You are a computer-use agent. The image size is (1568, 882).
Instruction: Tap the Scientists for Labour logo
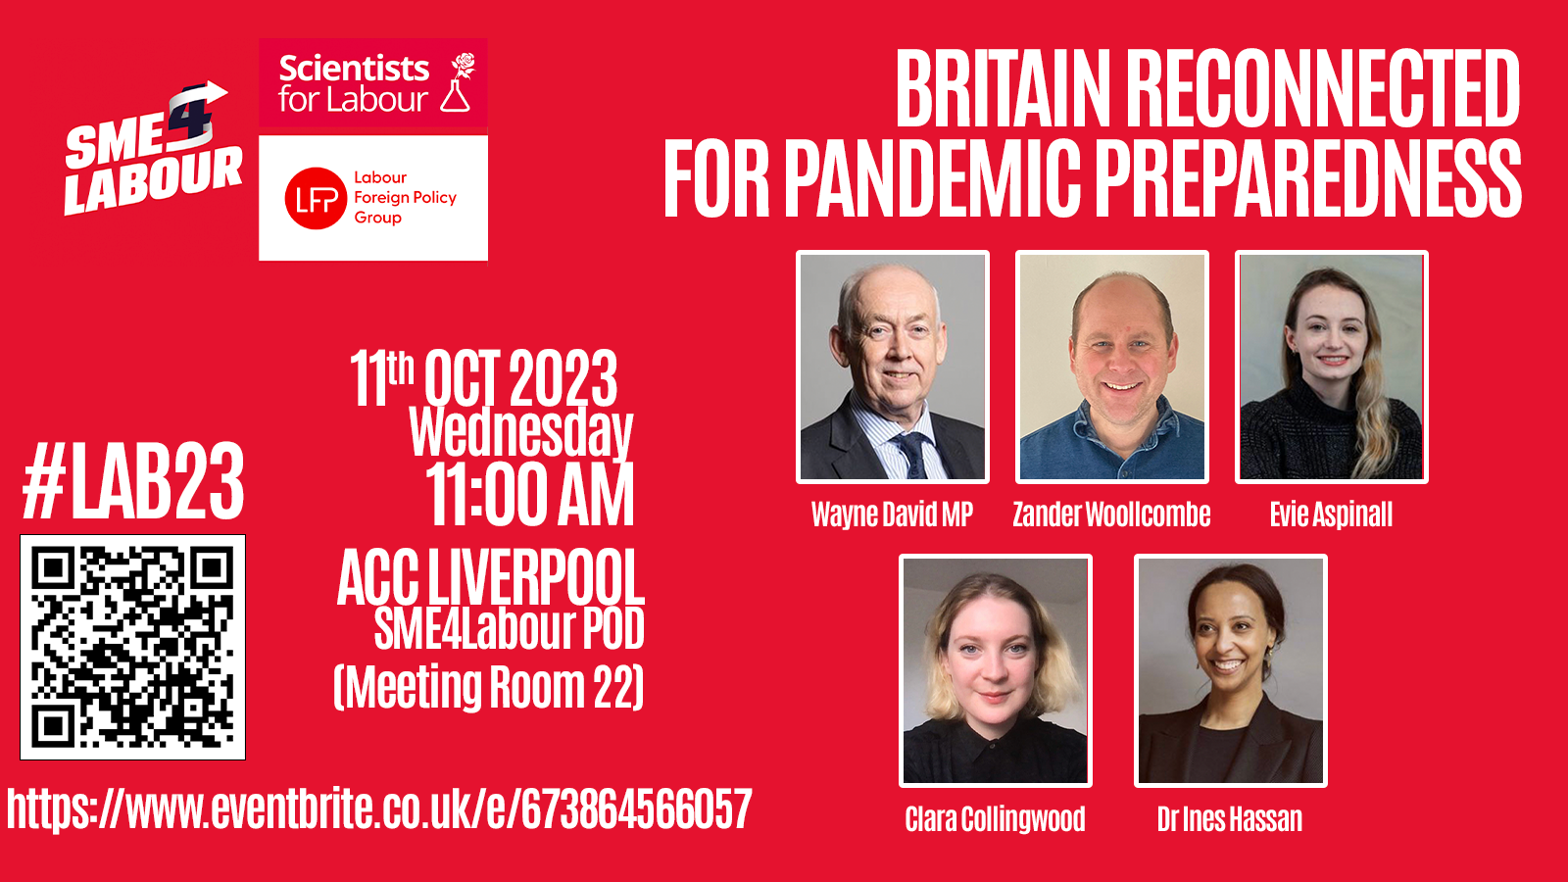[x=373, y=85]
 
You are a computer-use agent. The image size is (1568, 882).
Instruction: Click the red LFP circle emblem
[x=316, y=198]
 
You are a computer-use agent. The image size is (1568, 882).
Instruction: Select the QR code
[x=133, y=647]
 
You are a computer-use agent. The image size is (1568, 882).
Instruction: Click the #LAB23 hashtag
[x=133, y=481]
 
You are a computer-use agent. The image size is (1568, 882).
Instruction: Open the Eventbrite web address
[x=379, y=809]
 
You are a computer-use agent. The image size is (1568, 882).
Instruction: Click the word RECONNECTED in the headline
[x=1322, y=88]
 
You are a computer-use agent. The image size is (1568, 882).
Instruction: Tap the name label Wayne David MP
[x=893, y=514]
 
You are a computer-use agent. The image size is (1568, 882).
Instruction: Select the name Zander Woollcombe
[x=1111, y=514]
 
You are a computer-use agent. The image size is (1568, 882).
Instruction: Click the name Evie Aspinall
[x=1332, y=515]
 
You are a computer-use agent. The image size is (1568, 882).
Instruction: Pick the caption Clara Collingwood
[x=995, y=819]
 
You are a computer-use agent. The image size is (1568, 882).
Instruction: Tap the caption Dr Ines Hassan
[x=1230, y=819]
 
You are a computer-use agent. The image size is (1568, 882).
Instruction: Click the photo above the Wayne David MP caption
[x=893, y=367]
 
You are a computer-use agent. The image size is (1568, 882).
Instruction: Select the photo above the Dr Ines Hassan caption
[x=1231, y=670]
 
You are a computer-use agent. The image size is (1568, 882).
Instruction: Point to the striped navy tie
[x=913, y=455]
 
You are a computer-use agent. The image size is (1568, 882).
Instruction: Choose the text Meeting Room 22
[x=489, y=687]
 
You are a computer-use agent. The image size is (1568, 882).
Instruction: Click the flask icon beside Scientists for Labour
[x=456, y=96]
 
